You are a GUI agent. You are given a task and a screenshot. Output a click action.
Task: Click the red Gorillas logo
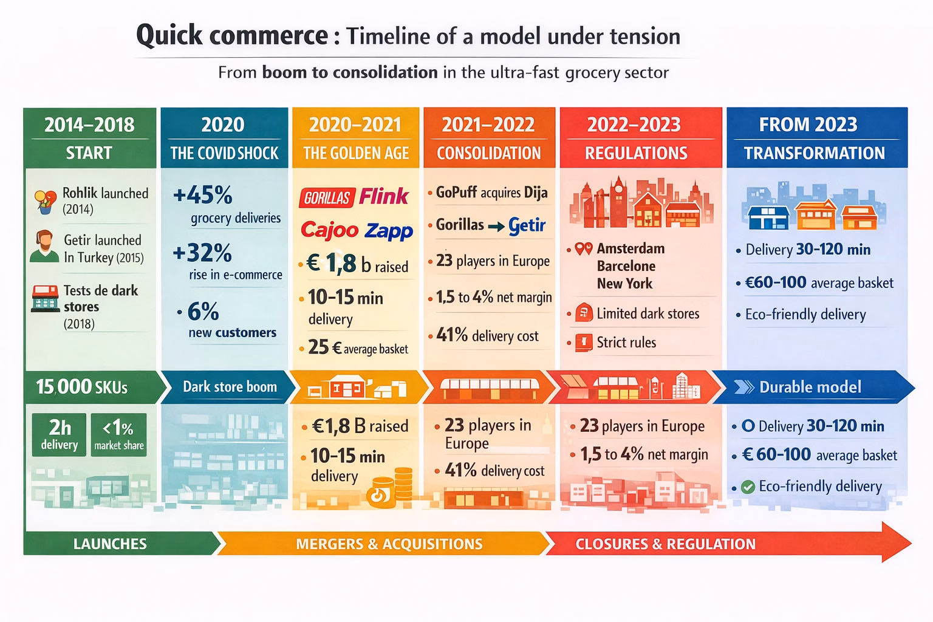point(327,197)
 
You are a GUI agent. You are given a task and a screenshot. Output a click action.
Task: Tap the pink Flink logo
point(384,196)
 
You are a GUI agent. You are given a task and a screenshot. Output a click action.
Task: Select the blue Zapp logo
point(389,231)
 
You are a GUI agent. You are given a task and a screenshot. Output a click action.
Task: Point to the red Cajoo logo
point(330,230)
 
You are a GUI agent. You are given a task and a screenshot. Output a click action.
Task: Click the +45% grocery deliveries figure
point(203,196)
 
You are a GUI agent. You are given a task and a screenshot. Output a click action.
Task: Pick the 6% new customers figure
point(203,312)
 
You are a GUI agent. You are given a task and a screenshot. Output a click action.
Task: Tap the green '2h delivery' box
point(60,434)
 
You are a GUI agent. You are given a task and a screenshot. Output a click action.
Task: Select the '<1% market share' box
point(119,434)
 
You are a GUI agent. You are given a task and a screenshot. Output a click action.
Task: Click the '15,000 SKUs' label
point(81,387)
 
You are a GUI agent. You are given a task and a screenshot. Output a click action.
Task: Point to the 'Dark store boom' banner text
point(230,387)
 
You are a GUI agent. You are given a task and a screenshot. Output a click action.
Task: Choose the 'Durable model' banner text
point(810,387)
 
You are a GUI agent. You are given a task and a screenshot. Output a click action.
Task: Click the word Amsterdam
point(631,248)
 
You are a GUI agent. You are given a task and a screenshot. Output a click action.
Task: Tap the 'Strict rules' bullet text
point(626,343)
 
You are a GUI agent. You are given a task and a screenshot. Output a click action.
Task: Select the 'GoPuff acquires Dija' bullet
point(491,193)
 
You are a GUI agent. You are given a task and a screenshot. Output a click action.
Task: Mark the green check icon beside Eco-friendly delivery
point(748,487)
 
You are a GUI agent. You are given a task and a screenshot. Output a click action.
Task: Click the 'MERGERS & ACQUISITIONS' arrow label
point(389,544)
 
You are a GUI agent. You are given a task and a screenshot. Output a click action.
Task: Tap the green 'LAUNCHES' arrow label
point(110,544)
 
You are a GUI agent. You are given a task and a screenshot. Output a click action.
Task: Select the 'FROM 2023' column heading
point(808,125)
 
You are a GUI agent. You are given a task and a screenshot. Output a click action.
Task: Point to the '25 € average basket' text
point(358,348)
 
